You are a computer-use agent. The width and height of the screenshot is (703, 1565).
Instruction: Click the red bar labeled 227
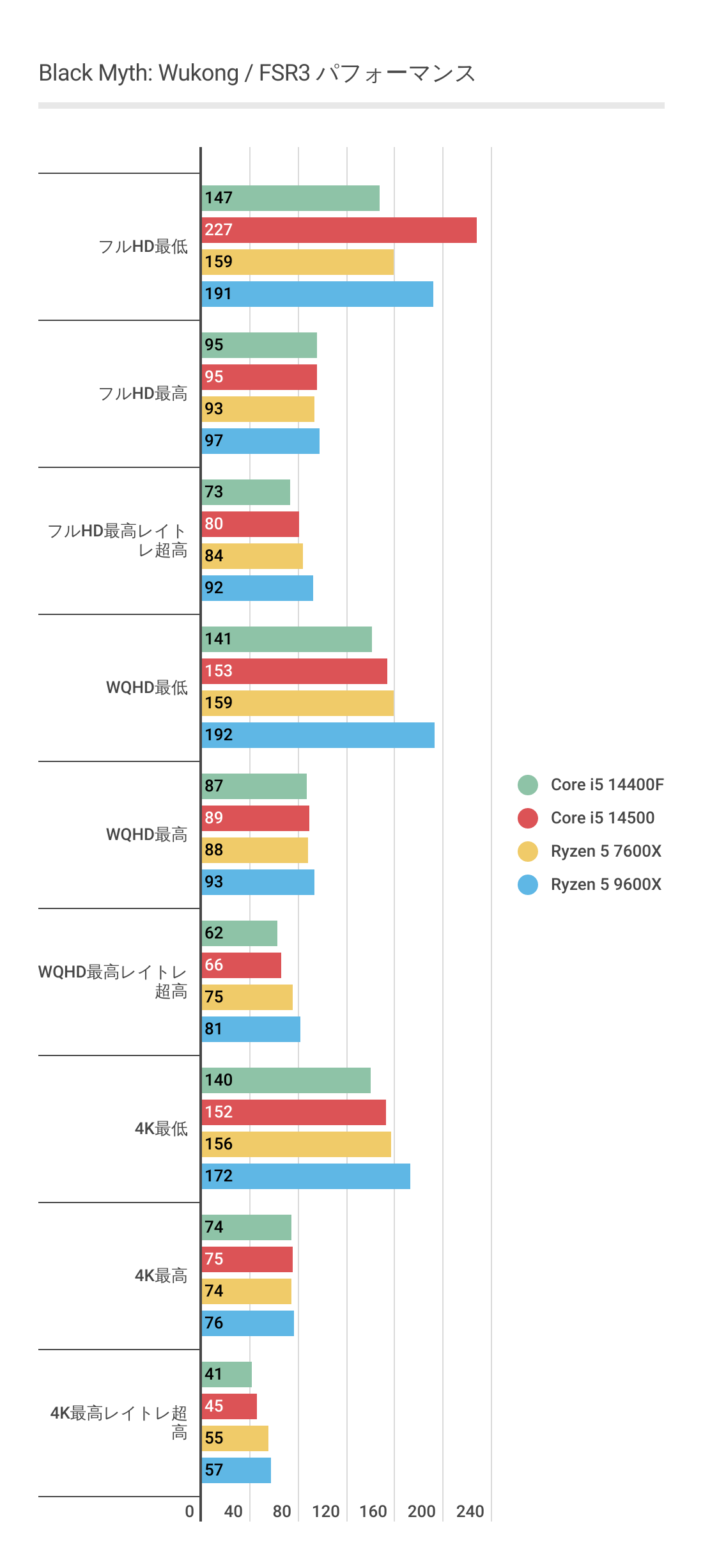click(x=339, y=230)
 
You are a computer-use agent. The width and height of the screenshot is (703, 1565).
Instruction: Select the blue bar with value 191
click(x=317, y=294)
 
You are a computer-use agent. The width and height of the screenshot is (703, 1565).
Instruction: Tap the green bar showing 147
click(x=290, y=198)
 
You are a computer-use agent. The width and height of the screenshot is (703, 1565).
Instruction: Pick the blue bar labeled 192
click(x=318, y=735)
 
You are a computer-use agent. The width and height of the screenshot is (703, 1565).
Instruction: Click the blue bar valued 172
click(x=305, y=1176)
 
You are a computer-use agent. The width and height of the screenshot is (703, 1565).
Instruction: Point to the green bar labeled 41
click(x=227, y=1374)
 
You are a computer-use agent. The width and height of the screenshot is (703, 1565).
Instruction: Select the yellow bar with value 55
click(x=235, y=1438)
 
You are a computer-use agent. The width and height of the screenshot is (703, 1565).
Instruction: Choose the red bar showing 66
click(x=242, y=965)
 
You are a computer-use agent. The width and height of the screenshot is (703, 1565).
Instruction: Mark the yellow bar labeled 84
click(x=252, y=556)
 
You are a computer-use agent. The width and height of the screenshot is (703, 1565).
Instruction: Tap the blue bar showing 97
click(x=261, y=441)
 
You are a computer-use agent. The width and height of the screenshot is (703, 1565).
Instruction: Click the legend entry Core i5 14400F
click(x=606, y=784)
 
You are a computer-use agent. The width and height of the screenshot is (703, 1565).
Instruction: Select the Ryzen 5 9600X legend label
click(x=605, y=884)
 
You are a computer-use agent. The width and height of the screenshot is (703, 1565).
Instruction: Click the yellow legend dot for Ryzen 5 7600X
click(x=528, y=851)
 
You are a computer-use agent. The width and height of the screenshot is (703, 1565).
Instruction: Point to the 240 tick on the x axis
click(x=470, y=1511)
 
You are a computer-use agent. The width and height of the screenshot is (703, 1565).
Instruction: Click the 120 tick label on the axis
click(x=325, y=1511)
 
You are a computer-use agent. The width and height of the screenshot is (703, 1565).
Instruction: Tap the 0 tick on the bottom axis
click(x=189, y=1511)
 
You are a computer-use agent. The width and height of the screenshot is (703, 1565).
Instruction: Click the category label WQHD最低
click(x=146, y=687)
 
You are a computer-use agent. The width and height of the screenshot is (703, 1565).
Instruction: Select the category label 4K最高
click(x=160, y=1275)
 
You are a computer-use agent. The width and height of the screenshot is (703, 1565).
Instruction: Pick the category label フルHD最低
click(x=143, y=246)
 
